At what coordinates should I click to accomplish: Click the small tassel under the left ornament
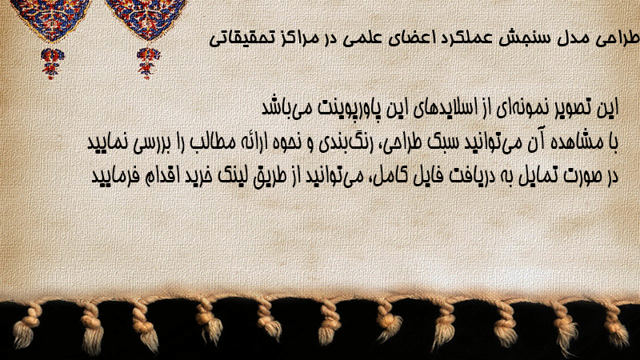click(x=52, y=63)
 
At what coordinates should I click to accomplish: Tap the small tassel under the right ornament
click(x=148, y=63)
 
